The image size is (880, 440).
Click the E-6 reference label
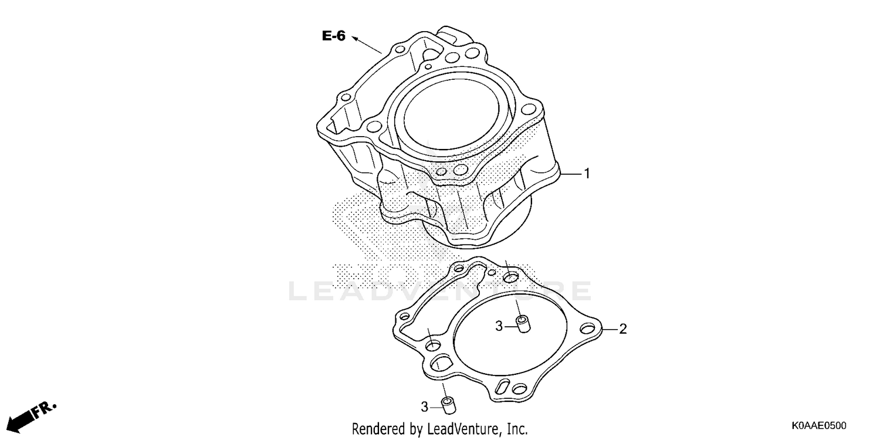(x=333, y=36)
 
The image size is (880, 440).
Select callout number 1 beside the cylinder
(x=585, y=174)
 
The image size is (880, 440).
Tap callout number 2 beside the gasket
(x=623, y=329)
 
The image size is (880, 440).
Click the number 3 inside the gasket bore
(x=499, y=326)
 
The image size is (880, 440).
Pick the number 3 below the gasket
(x=424, y=405)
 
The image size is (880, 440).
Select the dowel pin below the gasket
(x=449, y=405)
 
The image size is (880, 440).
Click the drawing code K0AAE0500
(x=818, y=425)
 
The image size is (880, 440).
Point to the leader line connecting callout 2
(x=610, y=329)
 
